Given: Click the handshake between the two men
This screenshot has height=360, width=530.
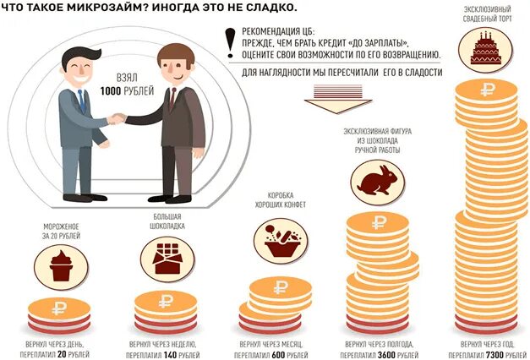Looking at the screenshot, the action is click(x=117, y=118).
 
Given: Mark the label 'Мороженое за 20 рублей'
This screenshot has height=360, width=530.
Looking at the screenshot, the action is click(x=60, y=232).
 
